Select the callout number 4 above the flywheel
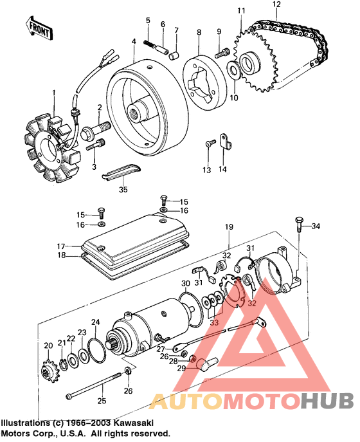click(133, 42)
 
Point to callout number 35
click(123, 190)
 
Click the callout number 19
click(228, 228)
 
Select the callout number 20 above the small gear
click(47, 346)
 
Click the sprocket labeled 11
click(251, 62)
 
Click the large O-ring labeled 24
click(96, 351)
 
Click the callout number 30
click(185, 284)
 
